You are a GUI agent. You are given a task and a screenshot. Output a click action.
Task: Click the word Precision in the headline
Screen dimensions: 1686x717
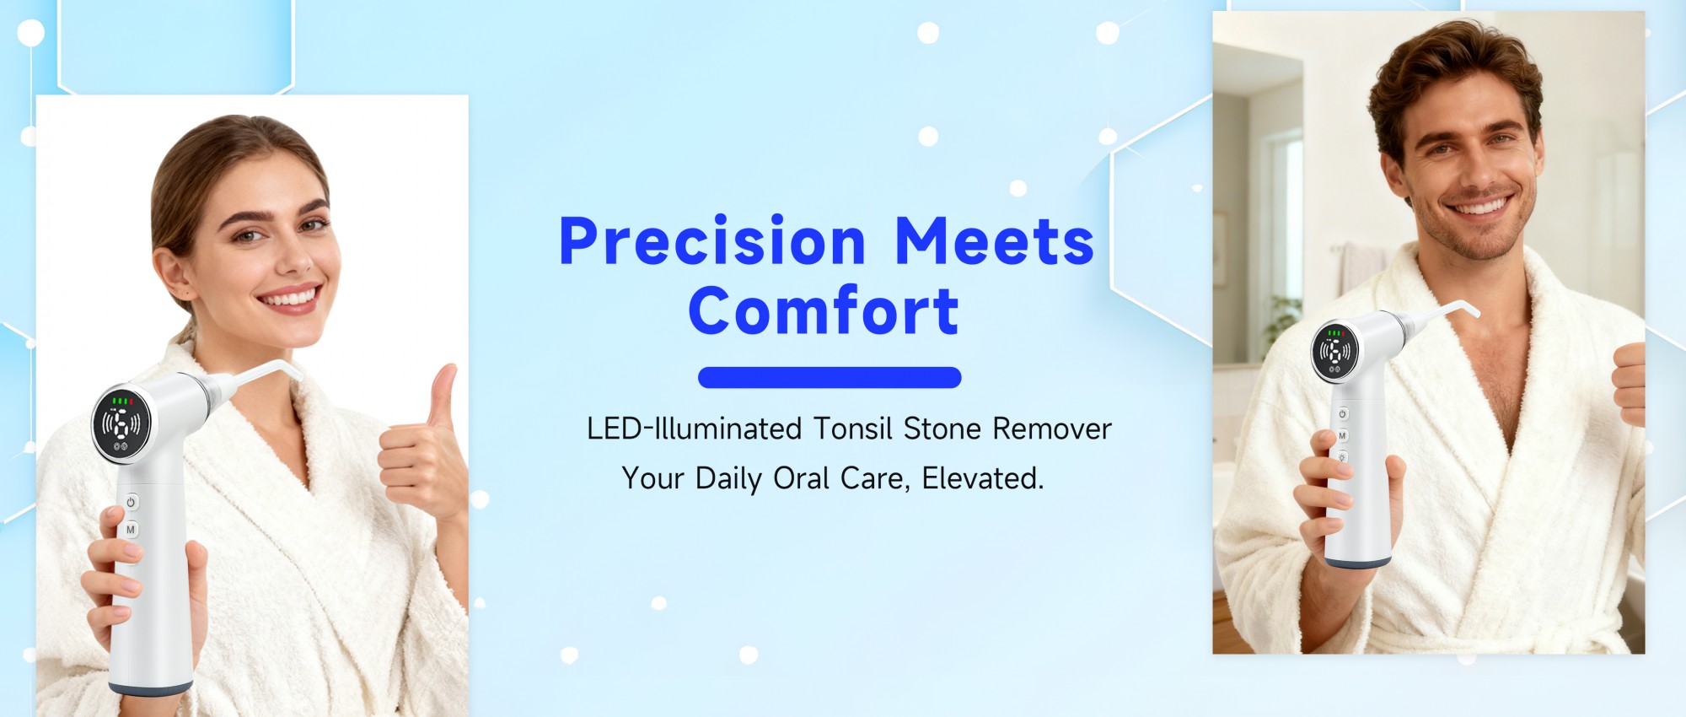(x=712, y=241)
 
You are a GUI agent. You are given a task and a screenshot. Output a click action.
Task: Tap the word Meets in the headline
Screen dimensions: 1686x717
(x=994, y=241)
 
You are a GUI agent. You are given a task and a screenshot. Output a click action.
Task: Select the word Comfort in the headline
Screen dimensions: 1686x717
(x=824, y=310)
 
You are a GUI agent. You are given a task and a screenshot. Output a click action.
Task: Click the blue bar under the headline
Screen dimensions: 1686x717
(x=830, y=377)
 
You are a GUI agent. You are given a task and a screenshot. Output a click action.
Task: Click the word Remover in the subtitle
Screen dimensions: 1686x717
(x=1052, y=429)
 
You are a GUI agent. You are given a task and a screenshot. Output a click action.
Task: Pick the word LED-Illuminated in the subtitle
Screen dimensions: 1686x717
(x=694, y=429)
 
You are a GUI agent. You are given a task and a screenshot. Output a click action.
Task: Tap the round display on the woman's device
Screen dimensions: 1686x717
(x=121, y=423)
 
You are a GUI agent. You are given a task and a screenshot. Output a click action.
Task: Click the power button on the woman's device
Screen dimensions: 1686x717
(x=131, y=502)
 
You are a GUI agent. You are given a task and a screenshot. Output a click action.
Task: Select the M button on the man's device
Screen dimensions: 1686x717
(x=1342, y=436)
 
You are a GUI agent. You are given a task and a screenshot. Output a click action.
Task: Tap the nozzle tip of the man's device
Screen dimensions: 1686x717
(x=1474, y=311)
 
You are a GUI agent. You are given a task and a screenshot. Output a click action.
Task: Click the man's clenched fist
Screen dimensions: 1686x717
(x=1629, y=384)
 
